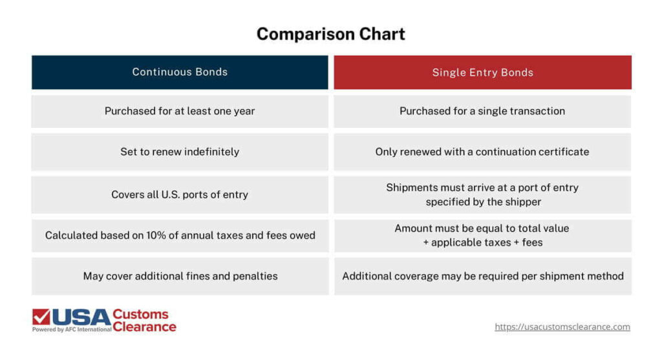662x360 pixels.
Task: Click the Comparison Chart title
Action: point(330,34)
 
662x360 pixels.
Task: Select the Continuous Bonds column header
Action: point(180,72)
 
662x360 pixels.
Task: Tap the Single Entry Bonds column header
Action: point(482,72)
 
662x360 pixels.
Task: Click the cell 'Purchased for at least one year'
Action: point(180,111)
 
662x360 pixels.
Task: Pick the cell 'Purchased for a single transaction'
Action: point(482,111)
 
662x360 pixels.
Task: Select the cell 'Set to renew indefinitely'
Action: point(180,152)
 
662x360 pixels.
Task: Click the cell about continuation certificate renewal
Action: point(482,152)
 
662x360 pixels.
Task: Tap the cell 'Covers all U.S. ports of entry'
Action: point(180,195)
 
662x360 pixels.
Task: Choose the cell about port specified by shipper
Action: point(482,195)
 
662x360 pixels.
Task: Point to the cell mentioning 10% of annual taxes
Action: point(180,235)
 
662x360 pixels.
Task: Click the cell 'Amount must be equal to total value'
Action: point(482,235)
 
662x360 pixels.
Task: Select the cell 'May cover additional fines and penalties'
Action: point(180,276)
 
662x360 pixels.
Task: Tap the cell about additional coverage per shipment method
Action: point(482,276)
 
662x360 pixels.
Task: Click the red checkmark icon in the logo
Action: point(41,317)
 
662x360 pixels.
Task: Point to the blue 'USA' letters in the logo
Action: point(81,317)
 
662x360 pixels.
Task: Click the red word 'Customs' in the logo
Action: point(140,314)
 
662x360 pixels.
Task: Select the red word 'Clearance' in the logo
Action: point(144,327)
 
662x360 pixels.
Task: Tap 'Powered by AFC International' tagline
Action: point(71,330)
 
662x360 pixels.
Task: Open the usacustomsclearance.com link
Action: point(562,327)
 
